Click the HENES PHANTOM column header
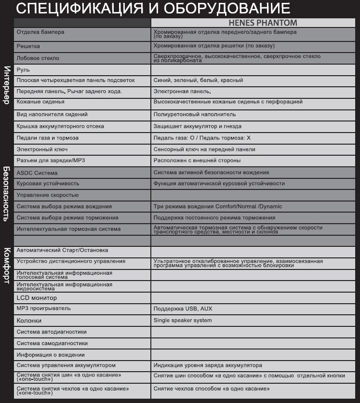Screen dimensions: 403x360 262,23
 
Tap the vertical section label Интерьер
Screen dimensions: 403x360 7,84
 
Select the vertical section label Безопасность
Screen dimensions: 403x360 7,193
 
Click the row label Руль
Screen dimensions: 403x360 23,69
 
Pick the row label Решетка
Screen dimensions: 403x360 28,46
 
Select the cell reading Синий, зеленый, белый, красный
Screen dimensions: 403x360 198,80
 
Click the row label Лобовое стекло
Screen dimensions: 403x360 38,58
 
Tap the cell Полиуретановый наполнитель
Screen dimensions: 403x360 195,115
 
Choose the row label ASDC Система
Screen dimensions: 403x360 37,173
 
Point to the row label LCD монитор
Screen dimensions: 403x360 37,298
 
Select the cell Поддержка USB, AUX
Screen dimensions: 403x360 183,309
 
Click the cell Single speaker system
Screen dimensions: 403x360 183,320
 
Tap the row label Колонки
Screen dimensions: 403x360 29,321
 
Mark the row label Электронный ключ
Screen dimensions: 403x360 41,149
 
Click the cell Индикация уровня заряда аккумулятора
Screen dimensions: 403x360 208,365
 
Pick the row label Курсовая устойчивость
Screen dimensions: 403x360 48,184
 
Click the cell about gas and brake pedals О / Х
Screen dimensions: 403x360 202,138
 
